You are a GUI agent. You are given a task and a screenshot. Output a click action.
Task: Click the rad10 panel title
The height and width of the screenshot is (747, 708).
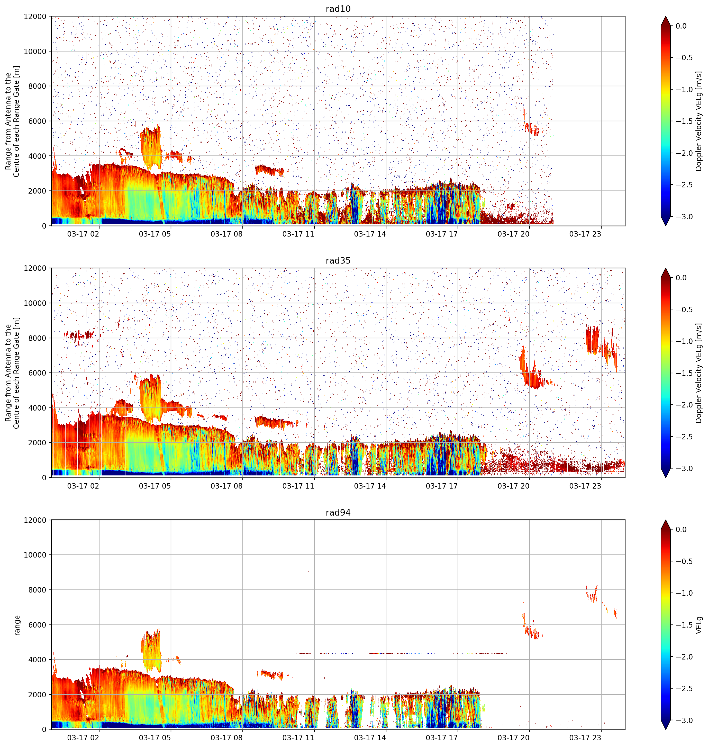pos(338,9)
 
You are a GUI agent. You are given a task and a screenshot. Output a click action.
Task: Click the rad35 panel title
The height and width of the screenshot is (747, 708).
pos(338,260)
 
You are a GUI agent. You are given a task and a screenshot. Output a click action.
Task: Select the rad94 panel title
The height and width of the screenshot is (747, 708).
pos(338,512)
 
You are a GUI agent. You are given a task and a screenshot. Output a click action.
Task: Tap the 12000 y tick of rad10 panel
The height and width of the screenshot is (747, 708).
pos(35,17)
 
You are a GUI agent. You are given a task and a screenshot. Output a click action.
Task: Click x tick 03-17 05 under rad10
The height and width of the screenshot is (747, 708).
pos(155,234)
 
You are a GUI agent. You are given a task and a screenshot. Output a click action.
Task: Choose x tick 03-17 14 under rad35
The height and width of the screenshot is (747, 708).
pos(370,486)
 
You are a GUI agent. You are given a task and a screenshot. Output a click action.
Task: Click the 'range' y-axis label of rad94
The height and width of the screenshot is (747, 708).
pos(17,625)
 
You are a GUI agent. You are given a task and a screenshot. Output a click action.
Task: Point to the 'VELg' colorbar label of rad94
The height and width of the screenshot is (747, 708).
pos(699,625)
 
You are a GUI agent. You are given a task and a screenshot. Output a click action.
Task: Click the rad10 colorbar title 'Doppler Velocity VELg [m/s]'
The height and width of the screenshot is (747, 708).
pos(699,121)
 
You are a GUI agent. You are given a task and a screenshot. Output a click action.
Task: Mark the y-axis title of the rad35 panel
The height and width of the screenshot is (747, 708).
pos(12,373)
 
